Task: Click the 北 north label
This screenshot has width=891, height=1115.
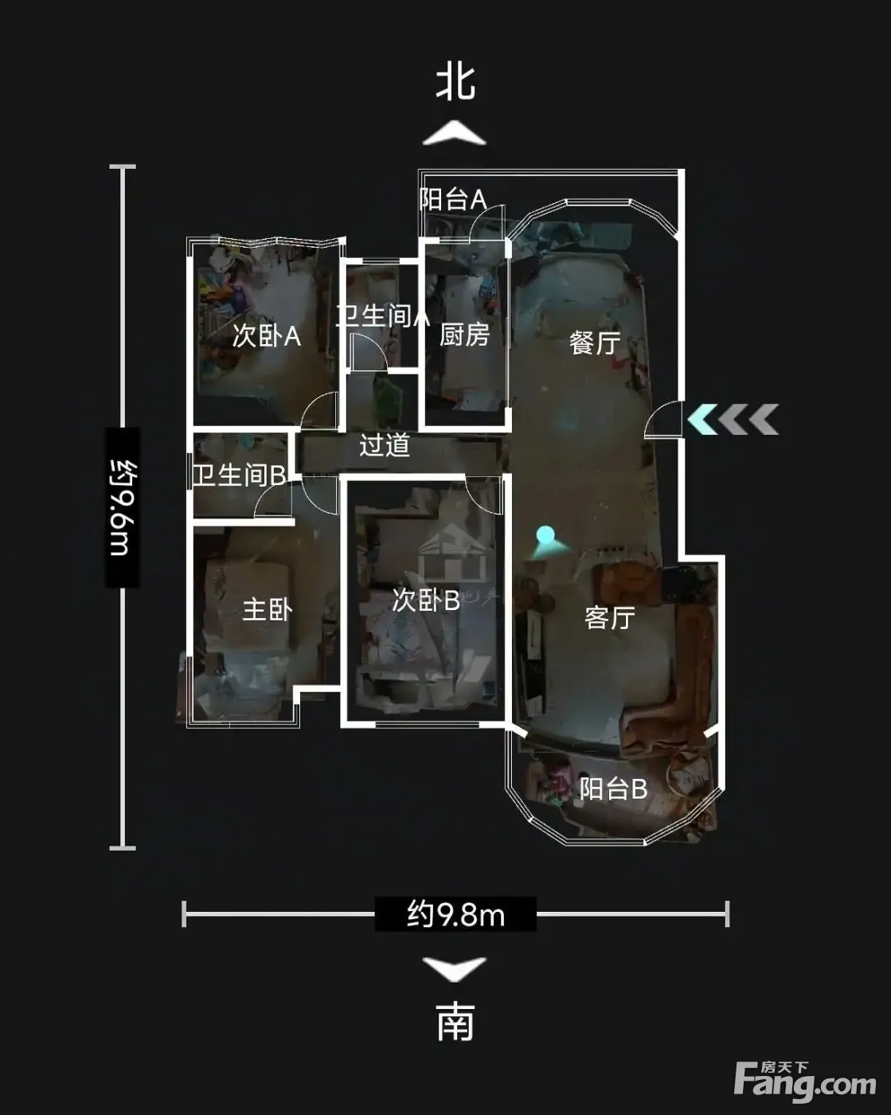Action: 455,82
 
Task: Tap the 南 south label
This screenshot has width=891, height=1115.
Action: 455,1023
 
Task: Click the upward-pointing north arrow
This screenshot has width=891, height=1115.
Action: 455,133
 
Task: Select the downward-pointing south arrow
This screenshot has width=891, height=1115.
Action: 455,968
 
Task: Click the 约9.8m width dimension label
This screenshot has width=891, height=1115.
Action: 455,914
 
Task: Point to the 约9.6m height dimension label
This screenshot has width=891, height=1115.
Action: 123,508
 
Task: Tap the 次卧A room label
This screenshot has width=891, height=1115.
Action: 266,336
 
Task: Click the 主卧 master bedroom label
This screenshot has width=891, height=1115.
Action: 268,610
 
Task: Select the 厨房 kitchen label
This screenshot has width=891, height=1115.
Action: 465,334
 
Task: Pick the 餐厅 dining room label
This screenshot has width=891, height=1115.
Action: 595,342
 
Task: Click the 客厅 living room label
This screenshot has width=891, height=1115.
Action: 610,617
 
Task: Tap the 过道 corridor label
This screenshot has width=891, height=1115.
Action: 385,444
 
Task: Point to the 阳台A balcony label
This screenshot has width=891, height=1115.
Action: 453,198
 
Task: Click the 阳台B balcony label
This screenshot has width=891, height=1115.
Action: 613,788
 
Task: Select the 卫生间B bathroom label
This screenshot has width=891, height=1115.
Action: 240,475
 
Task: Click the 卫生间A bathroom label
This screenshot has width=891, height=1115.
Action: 382,315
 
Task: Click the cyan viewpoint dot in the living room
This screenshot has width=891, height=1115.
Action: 545,534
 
